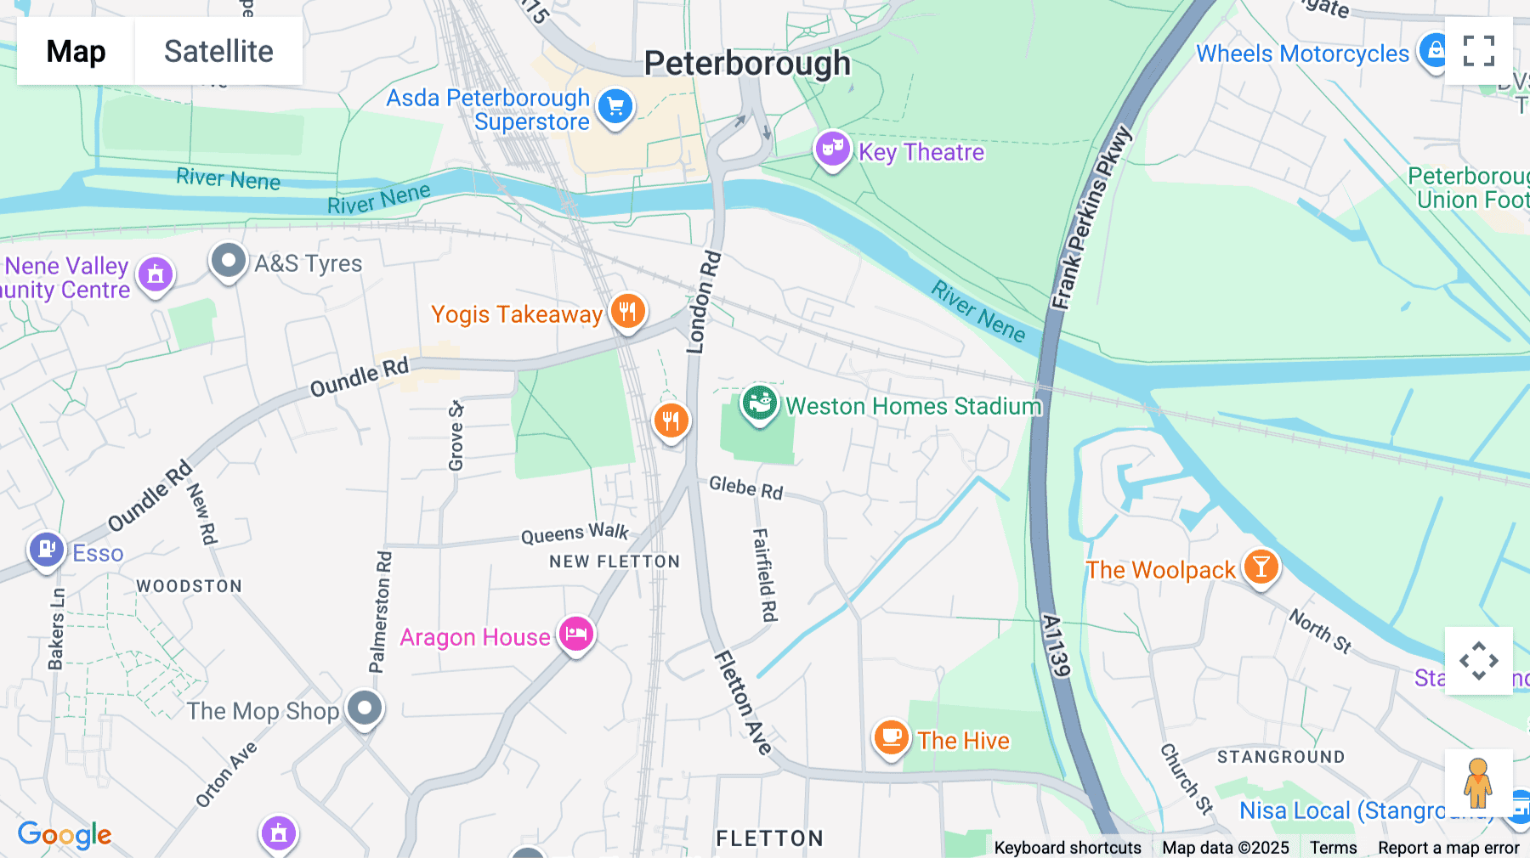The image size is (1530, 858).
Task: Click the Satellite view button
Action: tap(218, 51)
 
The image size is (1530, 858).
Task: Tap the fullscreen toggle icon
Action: tap(1478, 51)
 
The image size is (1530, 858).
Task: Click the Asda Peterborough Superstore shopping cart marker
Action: tap(615, 107)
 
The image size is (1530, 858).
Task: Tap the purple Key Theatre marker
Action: tap(832, 150)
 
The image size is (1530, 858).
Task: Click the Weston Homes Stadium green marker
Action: tap(759, 404)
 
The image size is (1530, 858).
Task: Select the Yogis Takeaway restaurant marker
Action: tap(628, 312)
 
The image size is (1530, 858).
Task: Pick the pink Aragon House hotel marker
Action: tap(575, 634)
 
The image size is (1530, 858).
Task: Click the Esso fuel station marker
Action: tap(47, 550)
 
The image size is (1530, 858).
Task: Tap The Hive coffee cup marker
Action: tap(891, 737)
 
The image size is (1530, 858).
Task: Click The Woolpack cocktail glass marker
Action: tap(1261, 567)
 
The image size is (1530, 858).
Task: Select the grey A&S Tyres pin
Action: tap(228, 261)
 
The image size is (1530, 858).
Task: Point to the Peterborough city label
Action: tap(747, 64)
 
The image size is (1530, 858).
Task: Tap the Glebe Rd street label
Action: tap(745, 488)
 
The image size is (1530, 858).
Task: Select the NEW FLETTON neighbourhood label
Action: tap(614, 562)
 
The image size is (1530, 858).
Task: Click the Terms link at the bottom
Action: tap(1333, 847)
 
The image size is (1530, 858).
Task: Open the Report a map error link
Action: tap(1448, 847)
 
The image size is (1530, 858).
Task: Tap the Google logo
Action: tap(65, 834)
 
